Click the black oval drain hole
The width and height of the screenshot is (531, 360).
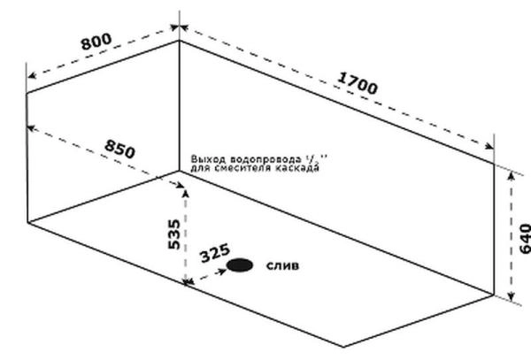(x=239, y=264)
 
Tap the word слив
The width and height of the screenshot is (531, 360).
(x=282, y=264)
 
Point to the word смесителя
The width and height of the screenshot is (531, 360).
(x=239, y=167)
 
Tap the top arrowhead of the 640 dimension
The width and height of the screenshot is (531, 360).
(x=511, y=175)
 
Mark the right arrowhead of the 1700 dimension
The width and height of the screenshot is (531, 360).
(x=489, y=148)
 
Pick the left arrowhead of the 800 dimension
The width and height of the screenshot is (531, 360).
(x=30, y=77)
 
